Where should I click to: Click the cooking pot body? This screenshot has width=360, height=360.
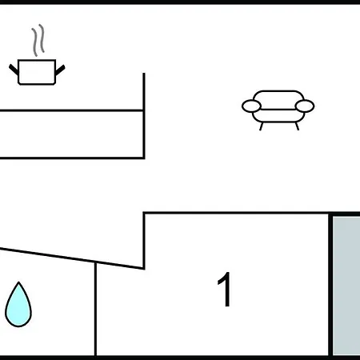click(37, 72)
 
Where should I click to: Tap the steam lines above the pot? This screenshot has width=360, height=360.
click(38, 40)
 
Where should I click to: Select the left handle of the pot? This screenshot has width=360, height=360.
click(14, 70)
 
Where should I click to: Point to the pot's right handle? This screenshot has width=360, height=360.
click(60, 70)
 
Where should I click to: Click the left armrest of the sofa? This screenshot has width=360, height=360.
click(251, 106)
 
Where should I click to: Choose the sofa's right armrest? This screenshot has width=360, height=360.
click(305, 106)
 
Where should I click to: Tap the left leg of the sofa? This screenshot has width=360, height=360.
click(262, 126)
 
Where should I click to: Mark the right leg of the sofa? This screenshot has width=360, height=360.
click(297, 126)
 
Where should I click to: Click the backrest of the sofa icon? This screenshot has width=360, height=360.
click(278, 96)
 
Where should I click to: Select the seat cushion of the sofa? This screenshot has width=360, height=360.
click(278, 116)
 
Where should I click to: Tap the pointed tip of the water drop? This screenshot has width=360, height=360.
click(18, 282)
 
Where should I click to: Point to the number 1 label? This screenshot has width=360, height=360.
click(225, 290)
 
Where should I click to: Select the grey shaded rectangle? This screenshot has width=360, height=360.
click(346, 286)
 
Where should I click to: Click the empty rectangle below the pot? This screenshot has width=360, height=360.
click(71, 134)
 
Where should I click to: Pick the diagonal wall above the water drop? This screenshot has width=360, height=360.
click(72, 258)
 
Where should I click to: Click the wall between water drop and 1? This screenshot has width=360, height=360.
click(95, 310)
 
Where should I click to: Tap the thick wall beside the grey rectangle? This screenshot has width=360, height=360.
click(330, 285)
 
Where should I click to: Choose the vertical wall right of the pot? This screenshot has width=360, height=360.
click(144, 116)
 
